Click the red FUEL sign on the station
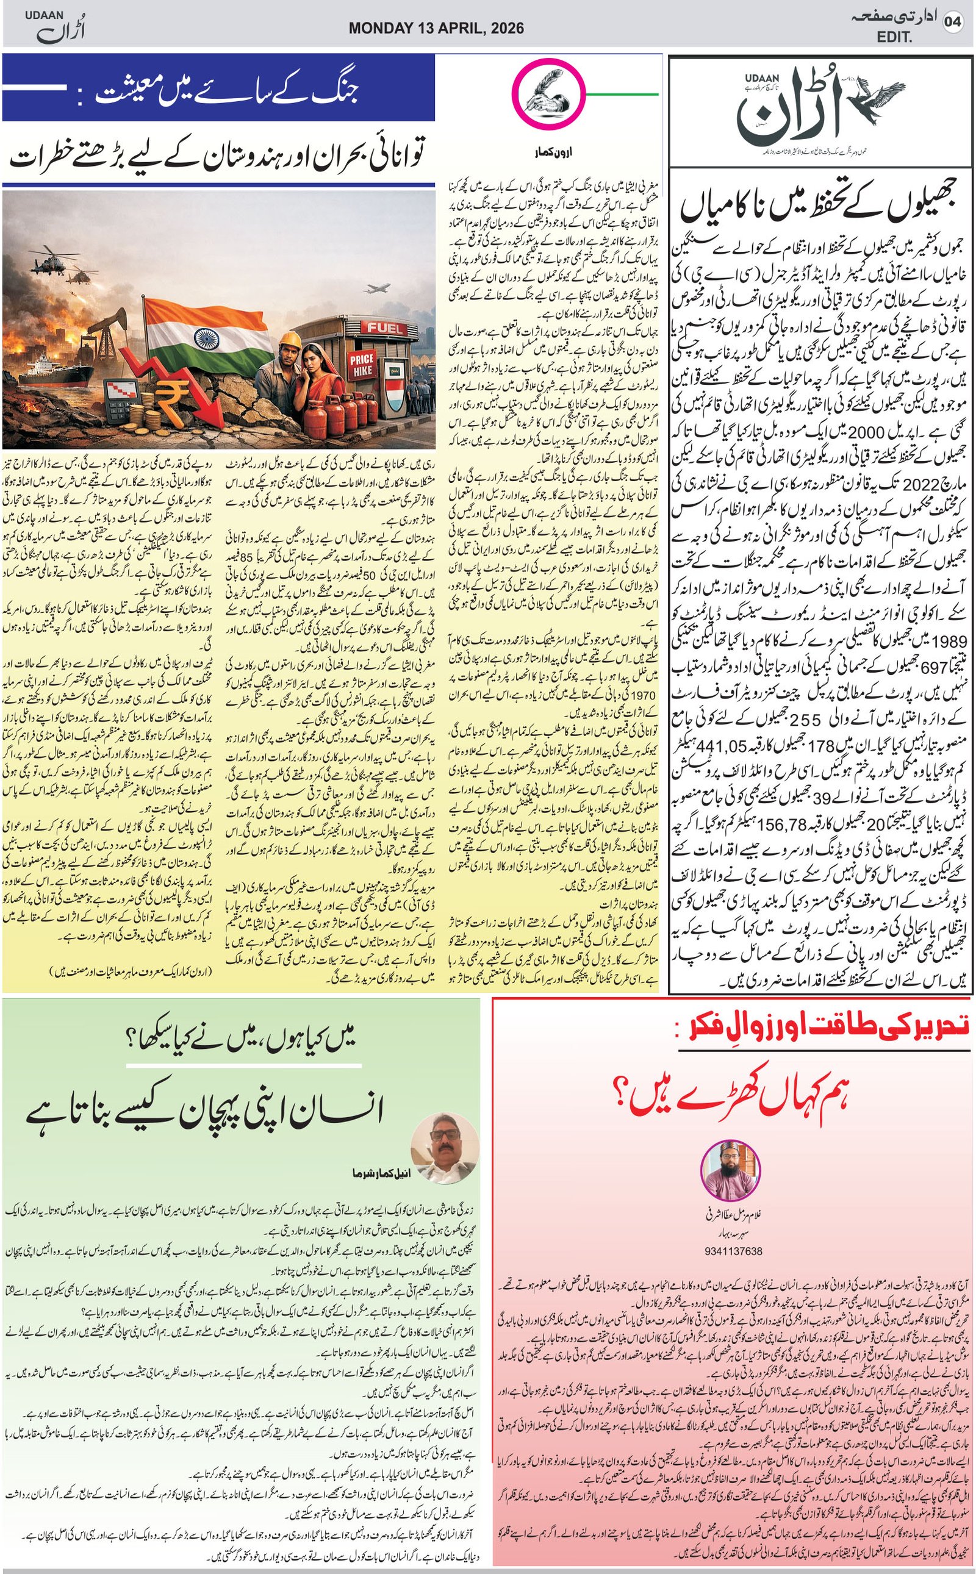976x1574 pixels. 386,327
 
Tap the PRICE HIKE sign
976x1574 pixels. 362,366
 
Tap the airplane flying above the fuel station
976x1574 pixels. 379,289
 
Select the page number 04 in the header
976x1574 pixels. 953,23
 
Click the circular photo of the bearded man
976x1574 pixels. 730,1172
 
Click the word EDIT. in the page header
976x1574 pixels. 895,38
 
